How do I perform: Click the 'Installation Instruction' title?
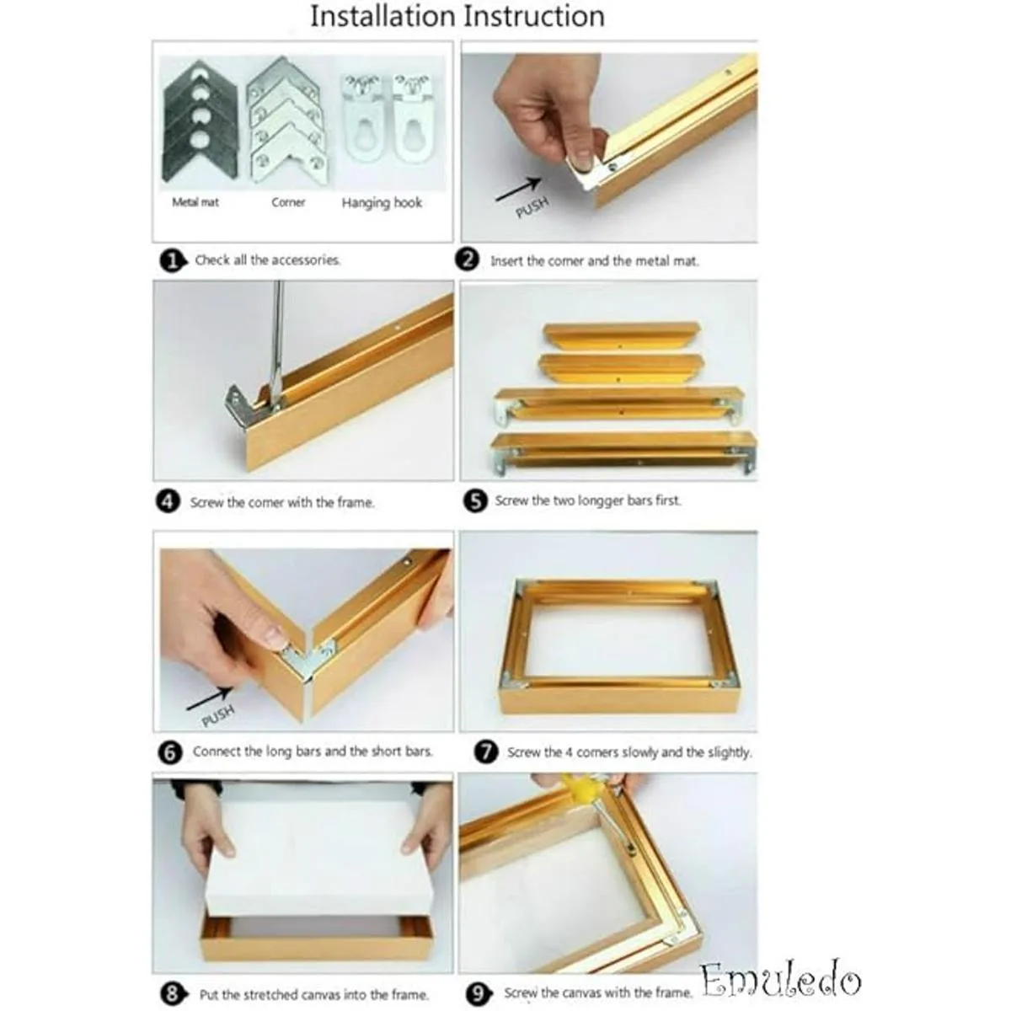457,17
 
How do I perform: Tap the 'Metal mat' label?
195,202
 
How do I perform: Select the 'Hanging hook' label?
382,203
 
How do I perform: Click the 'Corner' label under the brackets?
288,202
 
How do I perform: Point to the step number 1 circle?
172,260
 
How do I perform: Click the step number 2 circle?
467,260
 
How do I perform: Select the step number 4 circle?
168,502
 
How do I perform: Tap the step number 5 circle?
475,501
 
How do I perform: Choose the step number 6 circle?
170,753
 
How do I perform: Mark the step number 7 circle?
486,752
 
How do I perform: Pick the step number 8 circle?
173,995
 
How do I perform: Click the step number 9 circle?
478,993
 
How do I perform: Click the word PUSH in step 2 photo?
532,206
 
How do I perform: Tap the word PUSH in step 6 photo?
217,716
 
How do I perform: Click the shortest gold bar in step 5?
622,336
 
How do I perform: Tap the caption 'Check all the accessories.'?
268,260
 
